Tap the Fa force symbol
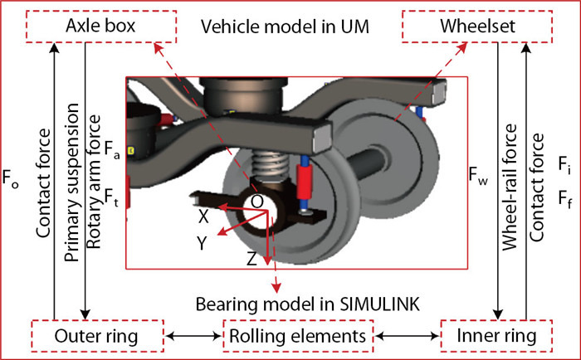point(112,150)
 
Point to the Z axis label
point(251,259)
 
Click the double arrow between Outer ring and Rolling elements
point(190,336)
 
